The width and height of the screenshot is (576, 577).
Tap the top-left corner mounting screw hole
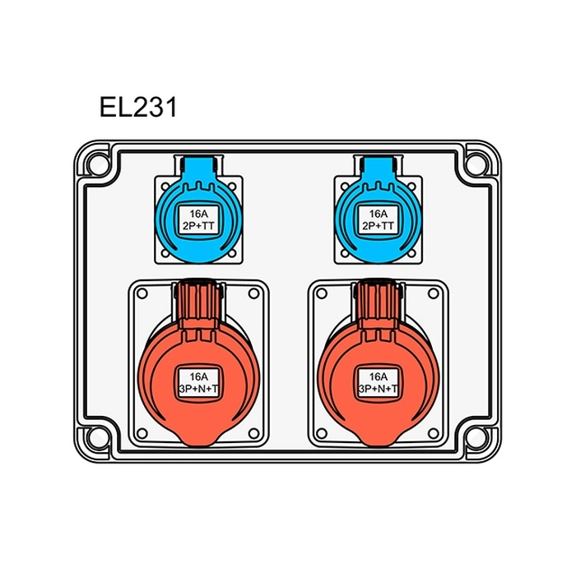pos(98,163)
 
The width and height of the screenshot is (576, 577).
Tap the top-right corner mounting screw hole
pos(475,163)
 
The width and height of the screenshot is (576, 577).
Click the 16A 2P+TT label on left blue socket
pos(197,219)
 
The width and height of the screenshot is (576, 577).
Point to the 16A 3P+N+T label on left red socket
pos(196,382)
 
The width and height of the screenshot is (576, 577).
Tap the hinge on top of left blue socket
pos(197,165)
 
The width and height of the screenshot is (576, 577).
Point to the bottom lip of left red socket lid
pos(196,441)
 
